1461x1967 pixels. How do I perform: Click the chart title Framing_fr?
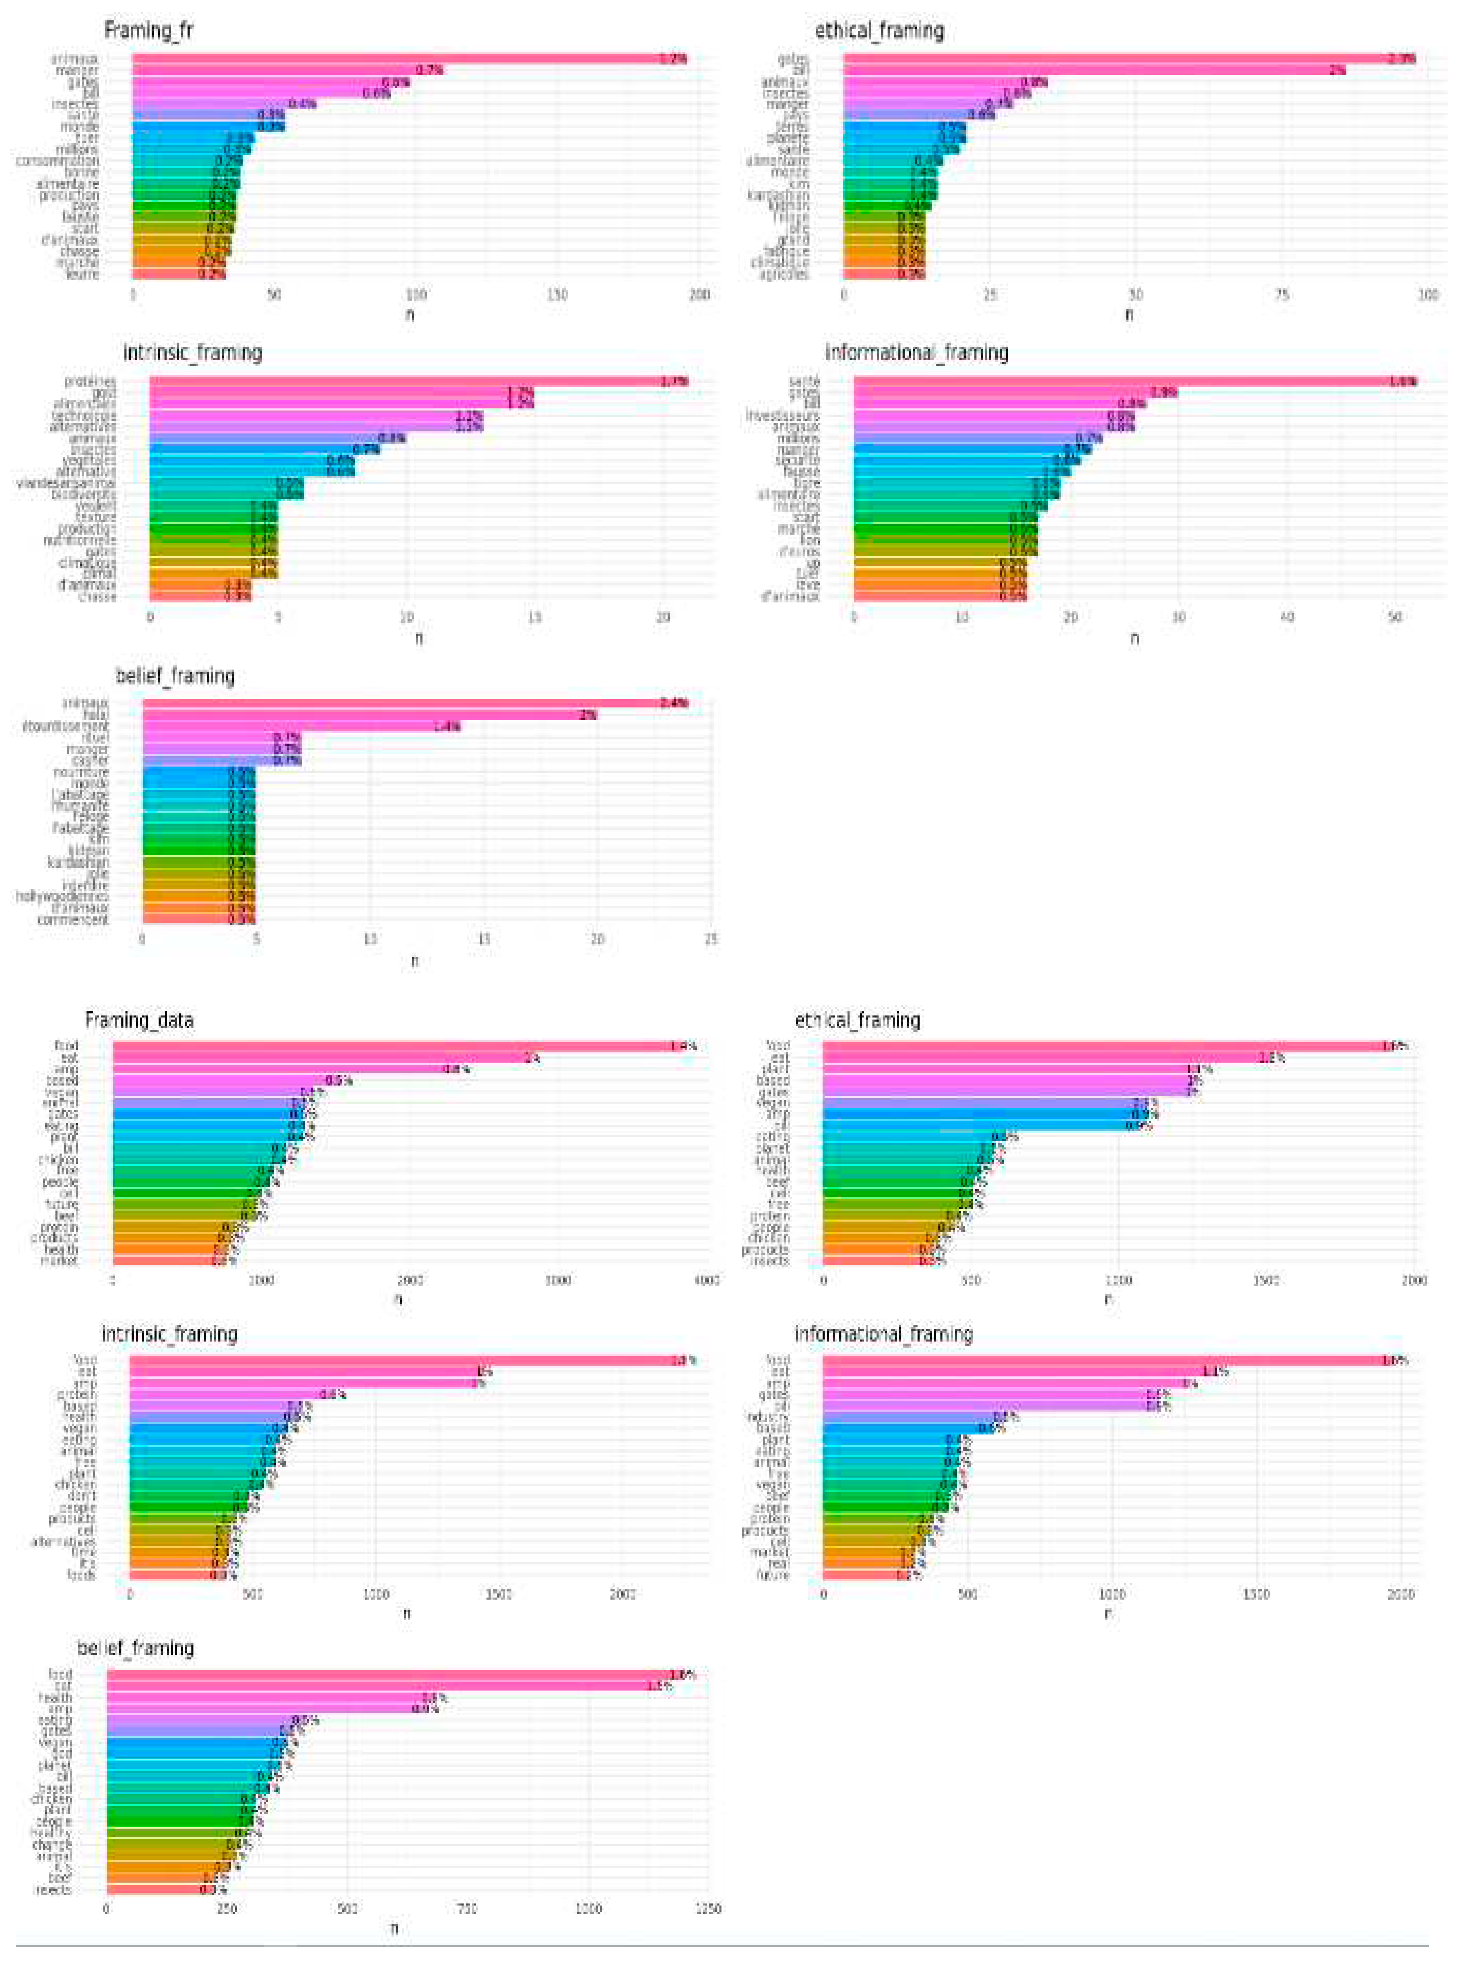point(149,30)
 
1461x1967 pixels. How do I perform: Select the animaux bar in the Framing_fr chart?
point(407,59)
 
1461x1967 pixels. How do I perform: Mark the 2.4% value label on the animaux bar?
point(674,703)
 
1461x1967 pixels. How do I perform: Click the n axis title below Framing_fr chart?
point(409,314)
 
